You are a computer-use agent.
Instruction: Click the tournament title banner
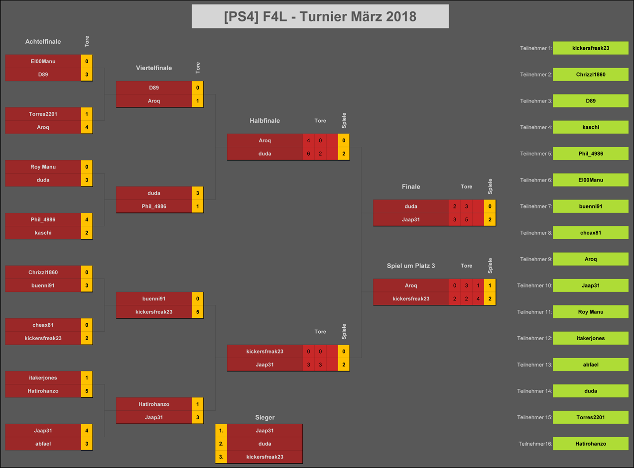pos(320,16)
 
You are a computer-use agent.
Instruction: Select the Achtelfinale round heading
pos(43,41)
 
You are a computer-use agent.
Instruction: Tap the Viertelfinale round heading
pos(154,68)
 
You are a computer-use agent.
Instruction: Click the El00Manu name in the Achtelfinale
pos(43,61)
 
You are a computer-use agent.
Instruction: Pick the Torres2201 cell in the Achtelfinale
pos(43,114)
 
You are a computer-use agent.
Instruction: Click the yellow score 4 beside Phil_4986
pos(87,220)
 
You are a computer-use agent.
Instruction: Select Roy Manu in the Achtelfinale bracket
pos(43,167)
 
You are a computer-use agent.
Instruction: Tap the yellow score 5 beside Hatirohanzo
pos(87,391)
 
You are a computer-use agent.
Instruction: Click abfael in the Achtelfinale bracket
pos(43,444)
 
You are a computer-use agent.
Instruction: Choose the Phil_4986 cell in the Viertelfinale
pos(154,206)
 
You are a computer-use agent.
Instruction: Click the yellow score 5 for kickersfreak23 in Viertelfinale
pos(198,312)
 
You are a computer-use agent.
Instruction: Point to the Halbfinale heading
pos(264,121)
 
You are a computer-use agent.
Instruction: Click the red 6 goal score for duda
pos(308,154)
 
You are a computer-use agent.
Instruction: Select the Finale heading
pos(411,187)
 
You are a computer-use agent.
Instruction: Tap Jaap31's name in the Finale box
pos(411,220)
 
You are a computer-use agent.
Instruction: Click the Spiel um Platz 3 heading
pos(411,266)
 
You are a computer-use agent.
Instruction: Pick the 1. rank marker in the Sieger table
pos(221,431)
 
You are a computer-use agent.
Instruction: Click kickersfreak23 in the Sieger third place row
pos(264,457)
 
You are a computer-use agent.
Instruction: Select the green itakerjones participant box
pos(591,338)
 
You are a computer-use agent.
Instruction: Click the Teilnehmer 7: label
pos(536,206)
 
